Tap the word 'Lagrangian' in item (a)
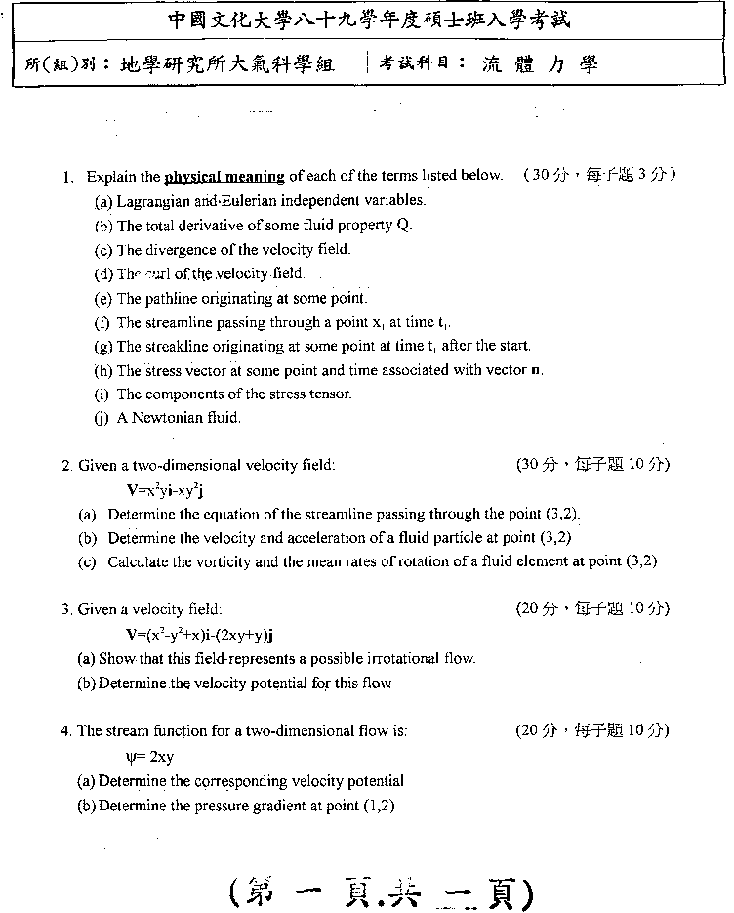pos(153,201)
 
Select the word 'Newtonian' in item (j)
pos(165,418)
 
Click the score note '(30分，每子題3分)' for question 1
pos(598,176)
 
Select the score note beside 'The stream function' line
pos(592,730)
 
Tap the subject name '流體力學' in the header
pos(539,65)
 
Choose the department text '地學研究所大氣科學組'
pos(227,65)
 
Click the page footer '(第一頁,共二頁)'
pos(381,890)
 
